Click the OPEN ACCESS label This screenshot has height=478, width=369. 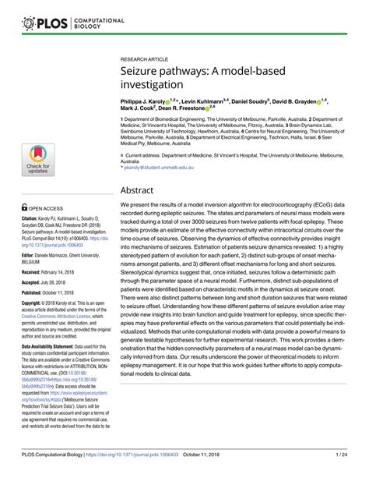coord(47,208)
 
